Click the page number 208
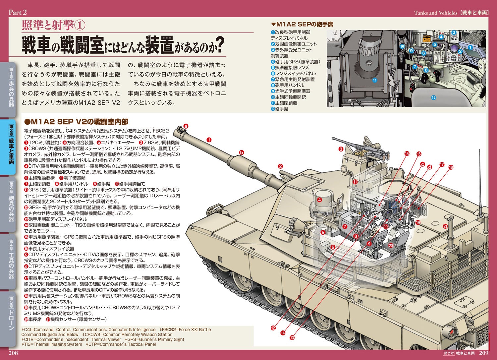click(x=13, y=353)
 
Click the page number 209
click(x=484, y=353)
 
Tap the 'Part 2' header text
click(x=18, y=12)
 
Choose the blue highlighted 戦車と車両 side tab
click(x=11, y=147)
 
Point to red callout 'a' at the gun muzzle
click(x=186, y=126)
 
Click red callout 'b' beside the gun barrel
click(x=242, y=152)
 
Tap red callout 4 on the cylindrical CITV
click(x=319, y=200)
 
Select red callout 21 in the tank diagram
click(x=445, y=226)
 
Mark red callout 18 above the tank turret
click(x=451, y=167)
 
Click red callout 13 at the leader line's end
click(x=292, y=337)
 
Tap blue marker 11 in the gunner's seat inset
click(x=374, y=80)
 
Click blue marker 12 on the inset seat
click(x=433, y=97)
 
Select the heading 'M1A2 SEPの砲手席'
click(x=302, y=24)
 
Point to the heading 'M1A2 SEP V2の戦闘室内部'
click(x=76, y=122)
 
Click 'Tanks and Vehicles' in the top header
click(x=436, y=13)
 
